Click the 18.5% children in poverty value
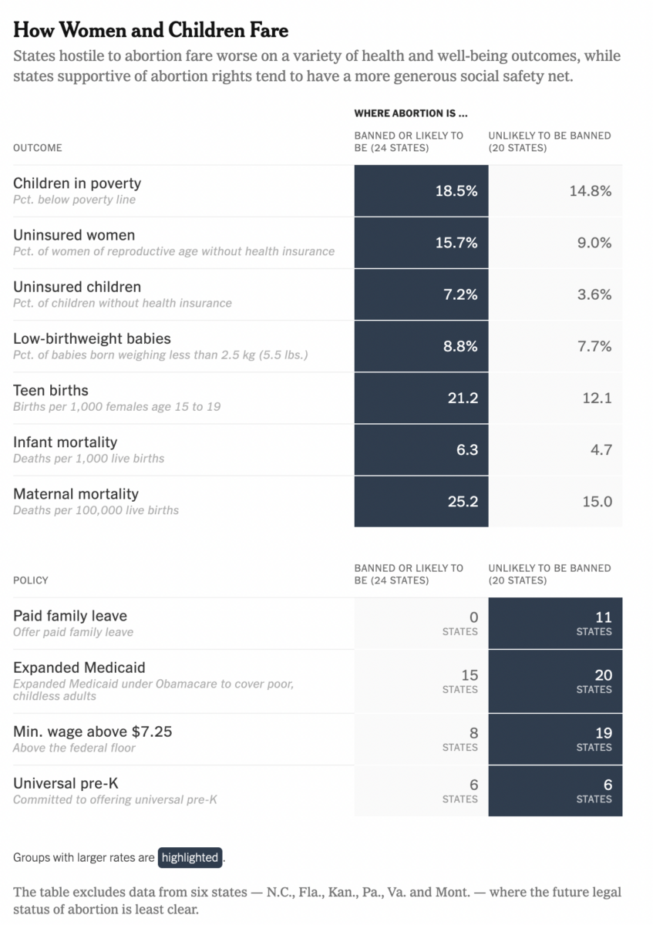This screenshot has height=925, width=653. [x=456, y=191]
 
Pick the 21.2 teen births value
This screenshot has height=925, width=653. [x=462, y=398]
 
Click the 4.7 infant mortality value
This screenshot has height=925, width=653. [x=601, y=449]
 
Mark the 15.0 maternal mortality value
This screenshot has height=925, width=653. [x=597, y=501]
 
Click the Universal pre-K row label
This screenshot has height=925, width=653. [x=66, y=783]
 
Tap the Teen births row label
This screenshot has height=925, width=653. [x=51, y=390]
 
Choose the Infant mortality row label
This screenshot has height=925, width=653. [x=66, y=442]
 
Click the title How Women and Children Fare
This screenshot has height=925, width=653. [x=151, y=30]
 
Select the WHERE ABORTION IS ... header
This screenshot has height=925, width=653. [x=411, y=113]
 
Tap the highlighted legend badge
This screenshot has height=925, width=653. [x=190, y=857]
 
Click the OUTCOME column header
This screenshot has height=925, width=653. [x=38, y=147]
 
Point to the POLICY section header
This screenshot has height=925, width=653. [x=31, y=580]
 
